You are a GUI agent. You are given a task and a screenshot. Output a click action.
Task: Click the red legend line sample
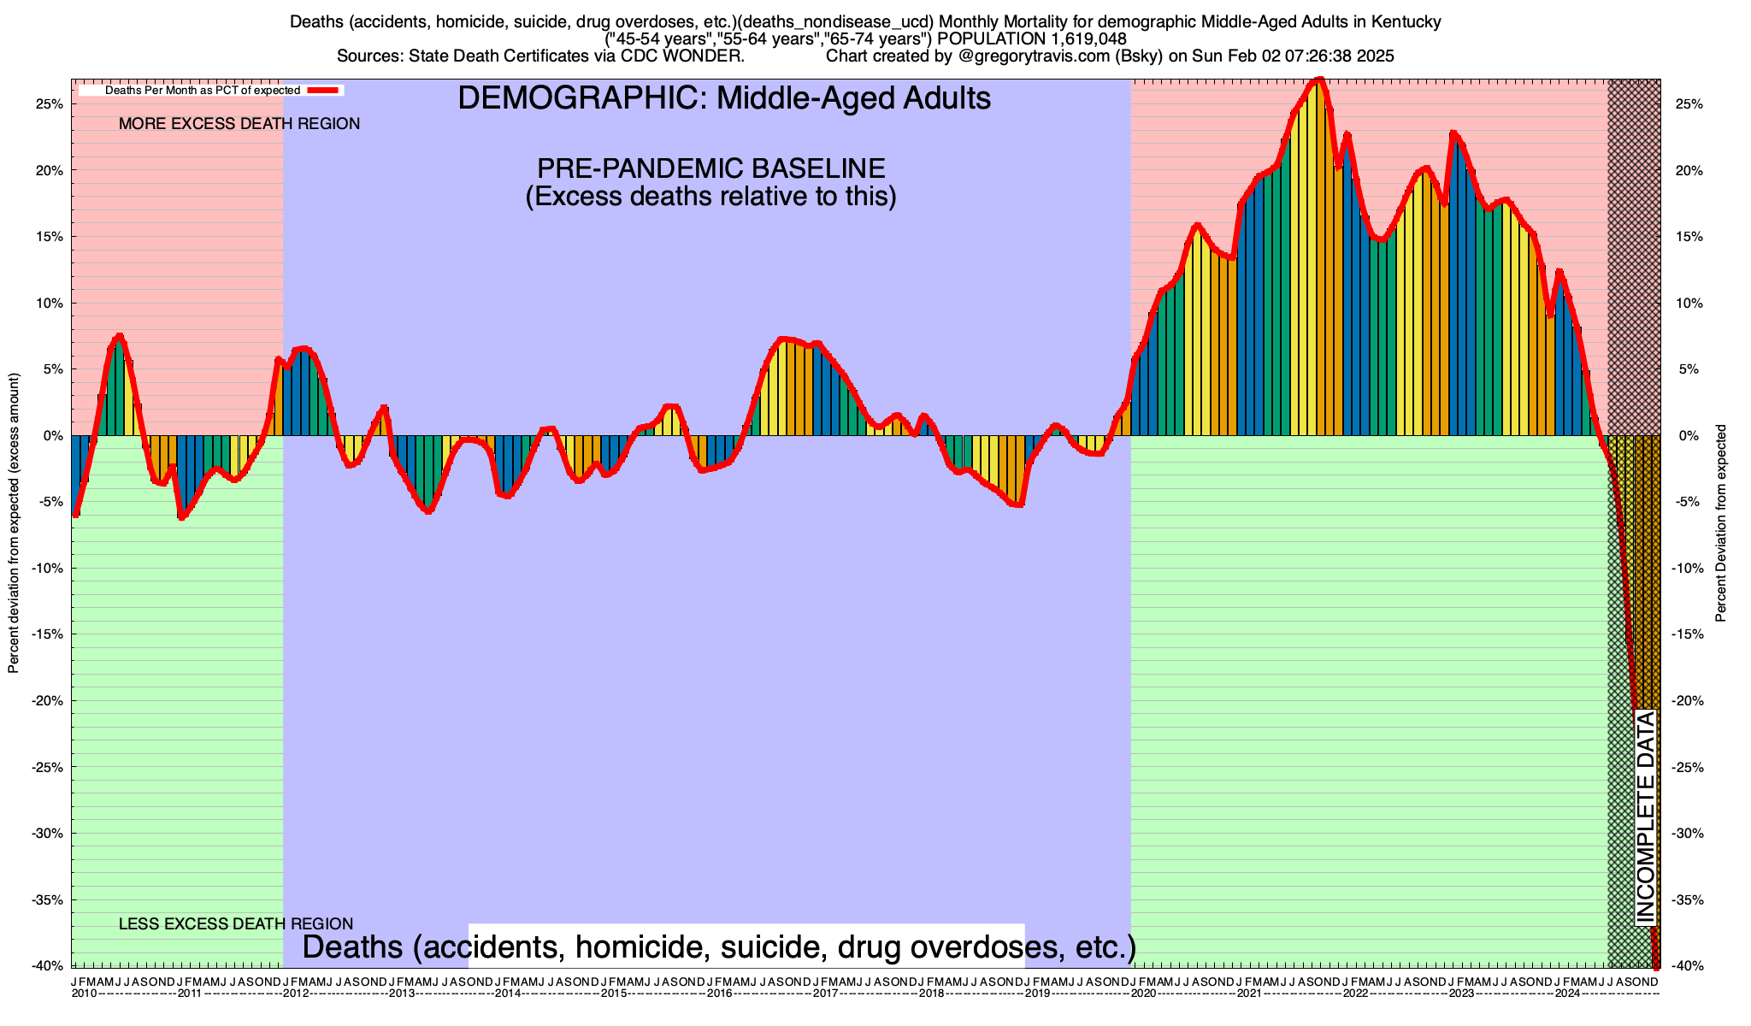[325, 90]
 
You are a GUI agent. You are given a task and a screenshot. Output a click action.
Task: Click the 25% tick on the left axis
[50, 104]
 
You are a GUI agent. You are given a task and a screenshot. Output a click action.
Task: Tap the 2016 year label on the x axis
[719, 994]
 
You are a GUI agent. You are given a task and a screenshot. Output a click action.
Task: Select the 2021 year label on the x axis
[1248, 994]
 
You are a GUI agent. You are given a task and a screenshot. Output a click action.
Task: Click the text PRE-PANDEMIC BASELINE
[710, 168]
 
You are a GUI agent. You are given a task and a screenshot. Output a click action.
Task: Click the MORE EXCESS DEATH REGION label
[239, 124]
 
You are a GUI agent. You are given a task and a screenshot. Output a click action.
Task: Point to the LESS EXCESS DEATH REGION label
[235, 924]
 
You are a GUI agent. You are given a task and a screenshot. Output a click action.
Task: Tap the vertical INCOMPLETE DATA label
[1645, 817]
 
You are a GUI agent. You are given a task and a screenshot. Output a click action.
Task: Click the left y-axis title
[14, 523]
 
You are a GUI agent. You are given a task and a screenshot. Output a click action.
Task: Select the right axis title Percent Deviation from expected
[1721, 523]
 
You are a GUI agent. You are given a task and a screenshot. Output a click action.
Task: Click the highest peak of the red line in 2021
[1318, 80]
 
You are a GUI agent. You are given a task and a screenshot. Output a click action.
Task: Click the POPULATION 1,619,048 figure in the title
[1032, 39]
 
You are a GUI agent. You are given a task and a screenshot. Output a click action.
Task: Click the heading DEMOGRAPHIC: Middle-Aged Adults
[724, 98]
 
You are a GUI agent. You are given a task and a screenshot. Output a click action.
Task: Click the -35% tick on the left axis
[48, 900]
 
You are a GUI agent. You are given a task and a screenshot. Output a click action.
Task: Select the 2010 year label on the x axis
[84, 994]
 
